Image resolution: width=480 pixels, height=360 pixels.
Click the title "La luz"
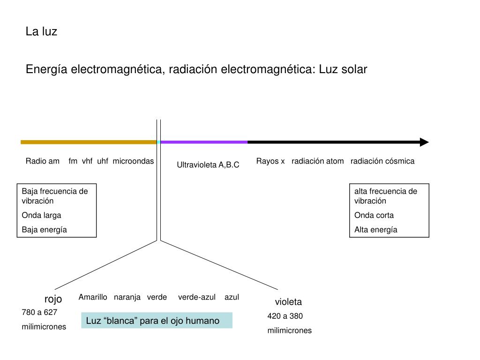coord(41,32)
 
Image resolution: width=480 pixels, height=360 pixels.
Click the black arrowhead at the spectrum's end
coord(424,142)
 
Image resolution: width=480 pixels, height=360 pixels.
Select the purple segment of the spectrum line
coord(204,142)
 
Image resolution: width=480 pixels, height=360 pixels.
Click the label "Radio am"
coord(43,161)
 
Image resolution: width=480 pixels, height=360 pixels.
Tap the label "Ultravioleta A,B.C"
coord(208,165)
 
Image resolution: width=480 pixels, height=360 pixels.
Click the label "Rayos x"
coord(270,161)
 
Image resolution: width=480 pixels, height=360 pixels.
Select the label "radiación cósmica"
coord(382,161)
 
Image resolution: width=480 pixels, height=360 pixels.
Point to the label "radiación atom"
coord(317,161)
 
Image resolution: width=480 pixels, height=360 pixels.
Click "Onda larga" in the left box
coord(42,215)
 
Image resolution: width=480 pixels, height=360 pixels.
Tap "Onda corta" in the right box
coord(374,215)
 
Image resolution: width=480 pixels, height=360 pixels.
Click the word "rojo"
coord(53,299)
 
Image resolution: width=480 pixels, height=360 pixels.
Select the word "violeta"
coord(288,302)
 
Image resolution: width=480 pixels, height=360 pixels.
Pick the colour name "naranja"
coord(127,297)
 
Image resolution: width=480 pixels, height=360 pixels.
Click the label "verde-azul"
coord(197,297)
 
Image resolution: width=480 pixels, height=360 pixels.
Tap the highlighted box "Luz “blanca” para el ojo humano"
coord(157,321)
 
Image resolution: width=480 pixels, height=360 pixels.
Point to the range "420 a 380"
coord(285,316)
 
